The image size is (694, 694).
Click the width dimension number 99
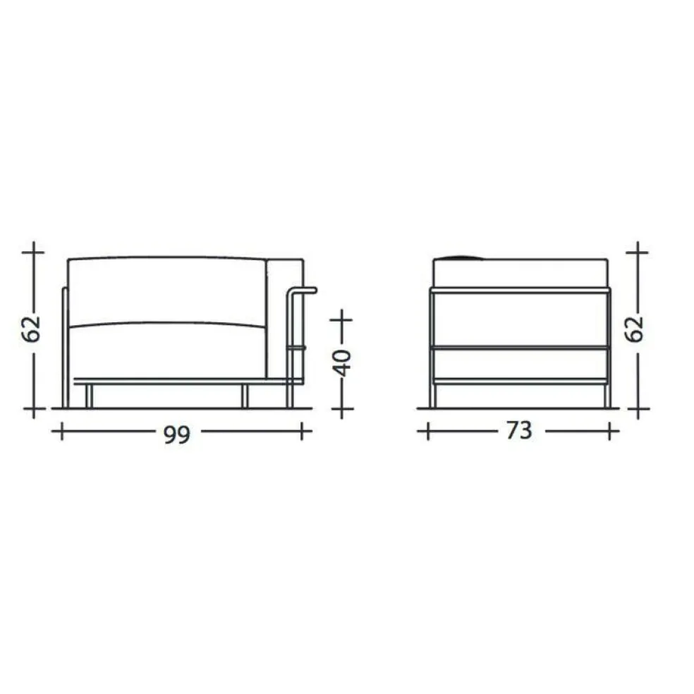click(177, 434)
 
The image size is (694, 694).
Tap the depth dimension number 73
click(519, 430)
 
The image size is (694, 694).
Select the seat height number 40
click(341, 363)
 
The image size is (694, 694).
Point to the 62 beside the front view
click(31, 329)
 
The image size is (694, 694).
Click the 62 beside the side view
click(635, 329)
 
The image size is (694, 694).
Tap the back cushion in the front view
click(167, 292)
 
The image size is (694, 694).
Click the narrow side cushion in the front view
click(284, 319)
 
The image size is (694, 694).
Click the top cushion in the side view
click(520, 273)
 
